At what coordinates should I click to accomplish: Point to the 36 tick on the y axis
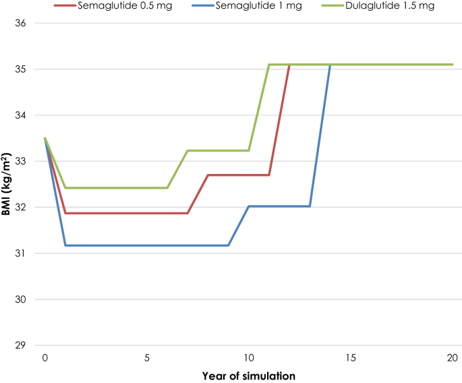[19, 24]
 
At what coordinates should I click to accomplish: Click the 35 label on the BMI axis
[19, 69]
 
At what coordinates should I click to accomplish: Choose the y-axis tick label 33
[19, 161]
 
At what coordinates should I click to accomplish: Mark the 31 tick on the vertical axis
[19, 254]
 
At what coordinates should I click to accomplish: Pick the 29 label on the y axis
[19, 345]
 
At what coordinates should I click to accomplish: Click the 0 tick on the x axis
[45, 357]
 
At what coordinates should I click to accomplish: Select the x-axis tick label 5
[147, 357]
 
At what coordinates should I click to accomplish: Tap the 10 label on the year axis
[249, 357]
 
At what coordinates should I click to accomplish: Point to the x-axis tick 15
[351, 357]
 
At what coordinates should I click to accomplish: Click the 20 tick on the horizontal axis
[453, 357]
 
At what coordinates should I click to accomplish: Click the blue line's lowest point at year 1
[65, 245]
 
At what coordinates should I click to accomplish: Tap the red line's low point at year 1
[65, 213]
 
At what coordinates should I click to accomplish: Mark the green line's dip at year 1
[65, 187]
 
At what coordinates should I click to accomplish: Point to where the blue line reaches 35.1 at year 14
[330, 65]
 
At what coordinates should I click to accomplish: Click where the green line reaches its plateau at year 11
[269, 65]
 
